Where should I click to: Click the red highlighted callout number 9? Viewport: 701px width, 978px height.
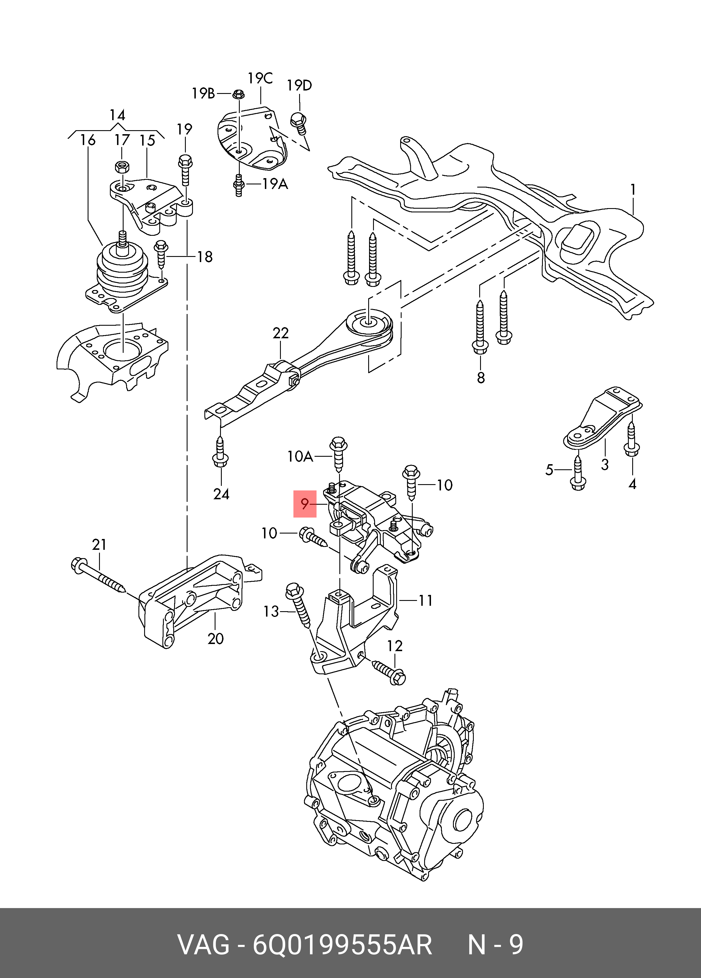[x=305, y=504]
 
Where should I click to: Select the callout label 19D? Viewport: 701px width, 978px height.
[x=299, y=85]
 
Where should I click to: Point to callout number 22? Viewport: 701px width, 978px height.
[x=280, y=333]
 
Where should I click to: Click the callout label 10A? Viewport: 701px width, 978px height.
[x=300, y=456]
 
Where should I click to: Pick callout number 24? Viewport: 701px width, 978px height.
[x=221, y=494]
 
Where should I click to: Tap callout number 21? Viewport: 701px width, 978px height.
[x=99, y=545]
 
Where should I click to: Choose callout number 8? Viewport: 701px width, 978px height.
[x=481, y=378]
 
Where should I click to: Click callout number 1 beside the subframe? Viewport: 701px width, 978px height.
[x=632, y=190]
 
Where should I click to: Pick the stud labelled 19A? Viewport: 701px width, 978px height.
[x=238, y=185]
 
